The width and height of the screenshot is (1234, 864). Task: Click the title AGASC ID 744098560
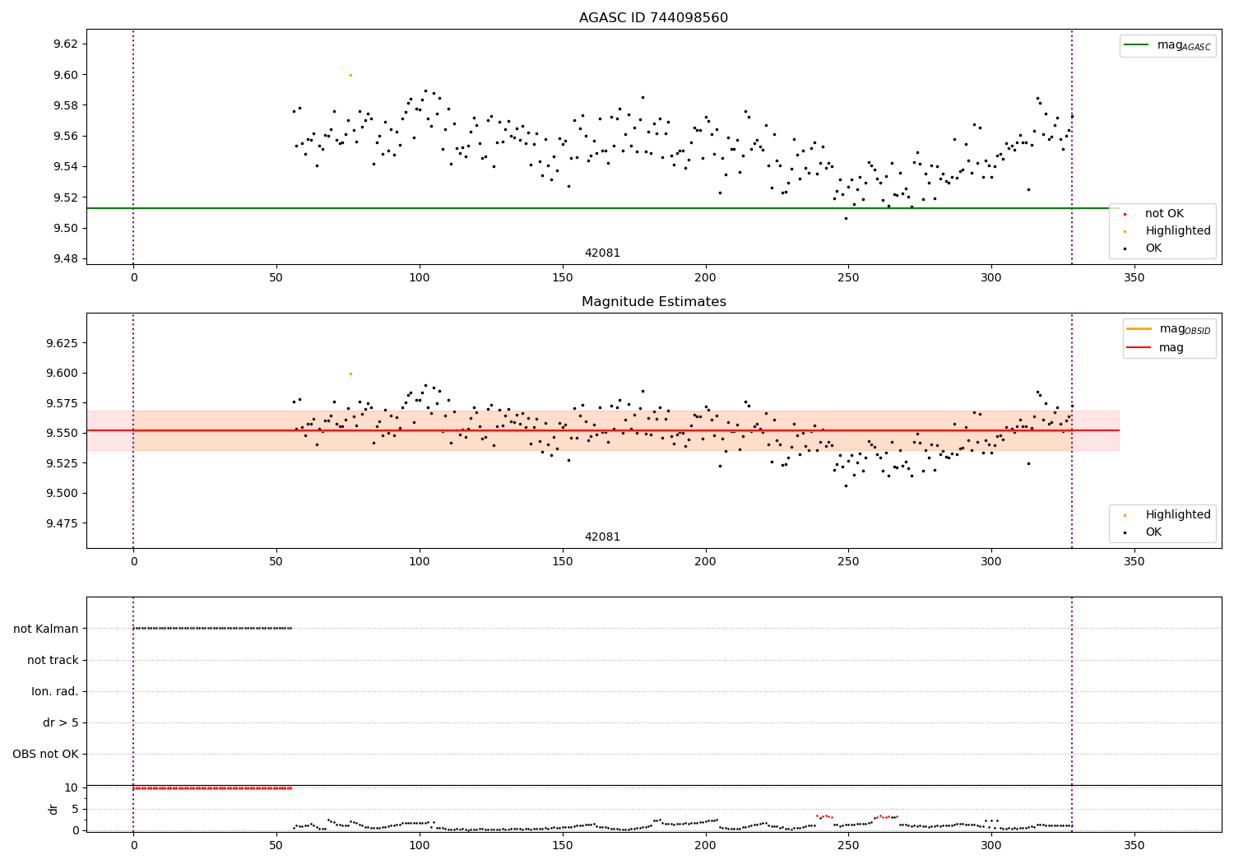point(653,18)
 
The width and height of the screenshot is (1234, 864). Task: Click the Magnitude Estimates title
point(653,302)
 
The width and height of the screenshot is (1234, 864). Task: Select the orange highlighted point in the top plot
point(350,75)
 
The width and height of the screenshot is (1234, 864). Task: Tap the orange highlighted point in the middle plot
point(350,374)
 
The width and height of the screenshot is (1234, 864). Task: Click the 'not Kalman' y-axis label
point(46,629)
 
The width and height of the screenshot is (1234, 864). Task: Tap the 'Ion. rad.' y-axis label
point(55,691)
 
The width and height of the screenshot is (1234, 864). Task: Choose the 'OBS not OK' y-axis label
point(45,754)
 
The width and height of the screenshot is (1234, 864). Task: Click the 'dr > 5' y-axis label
point(61,722)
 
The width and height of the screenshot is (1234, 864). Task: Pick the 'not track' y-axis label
point(53,660)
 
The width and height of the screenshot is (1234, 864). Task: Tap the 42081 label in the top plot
point(602,253)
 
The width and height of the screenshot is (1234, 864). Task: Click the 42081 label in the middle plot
point(602,537)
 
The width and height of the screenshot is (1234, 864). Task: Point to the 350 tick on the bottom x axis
point(1134,845)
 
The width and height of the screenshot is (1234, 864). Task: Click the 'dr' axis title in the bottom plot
point(53,809)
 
